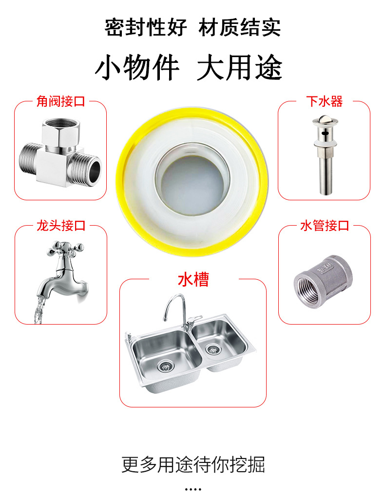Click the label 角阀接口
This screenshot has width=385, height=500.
(60, 101)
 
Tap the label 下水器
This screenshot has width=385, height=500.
(324, 101)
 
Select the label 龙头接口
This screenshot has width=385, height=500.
(60, 226)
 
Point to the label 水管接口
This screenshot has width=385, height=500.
(324, 226)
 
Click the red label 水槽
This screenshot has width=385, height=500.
(193, 280)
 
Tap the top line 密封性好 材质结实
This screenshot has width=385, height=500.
(192, 27)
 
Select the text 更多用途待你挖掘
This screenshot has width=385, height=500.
(193, 464)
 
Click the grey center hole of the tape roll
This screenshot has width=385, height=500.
(192, 184)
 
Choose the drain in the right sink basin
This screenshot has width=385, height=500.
(212, 349)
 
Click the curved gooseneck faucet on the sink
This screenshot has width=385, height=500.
(175, 309)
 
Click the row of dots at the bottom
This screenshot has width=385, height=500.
(193, 489)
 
